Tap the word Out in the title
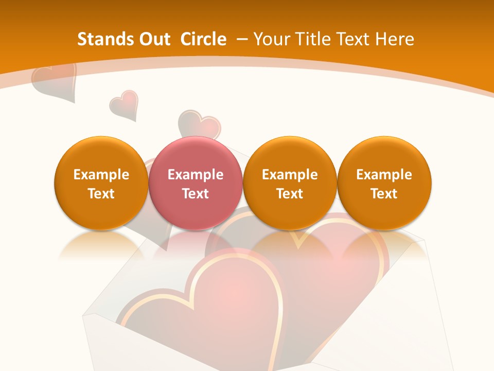pos(153,39)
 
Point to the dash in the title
pos(242,39)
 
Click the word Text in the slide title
pos(354,39)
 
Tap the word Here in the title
pos(395,39)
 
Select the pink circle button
pos(195,183)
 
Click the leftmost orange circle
pos(101,183)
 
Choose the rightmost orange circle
pos(384,183)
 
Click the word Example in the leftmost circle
pos(101,175)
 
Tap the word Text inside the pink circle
pos(195,194)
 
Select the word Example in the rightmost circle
pos(384,175)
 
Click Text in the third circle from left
pos(290,194)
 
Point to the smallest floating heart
pos(124,105)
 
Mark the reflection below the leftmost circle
pos(101,245)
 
